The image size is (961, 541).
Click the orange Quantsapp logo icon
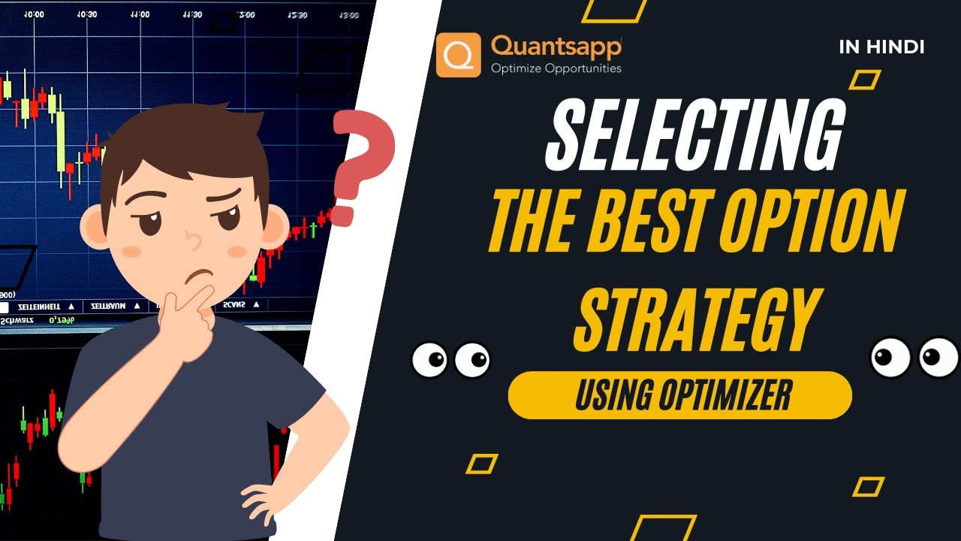458,55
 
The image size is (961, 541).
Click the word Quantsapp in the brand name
556,47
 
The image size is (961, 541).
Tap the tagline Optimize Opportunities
556,68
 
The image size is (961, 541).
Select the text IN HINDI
881,47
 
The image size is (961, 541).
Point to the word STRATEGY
694,320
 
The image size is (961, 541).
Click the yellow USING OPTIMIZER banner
679,395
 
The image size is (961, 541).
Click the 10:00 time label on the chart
34,14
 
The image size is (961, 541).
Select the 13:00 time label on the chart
246,14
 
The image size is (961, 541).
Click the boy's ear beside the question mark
275,225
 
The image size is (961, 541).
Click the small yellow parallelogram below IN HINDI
864,80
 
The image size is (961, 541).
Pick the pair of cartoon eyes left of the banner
450,360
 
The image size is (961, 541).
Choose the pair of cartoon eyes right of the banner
914,357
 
